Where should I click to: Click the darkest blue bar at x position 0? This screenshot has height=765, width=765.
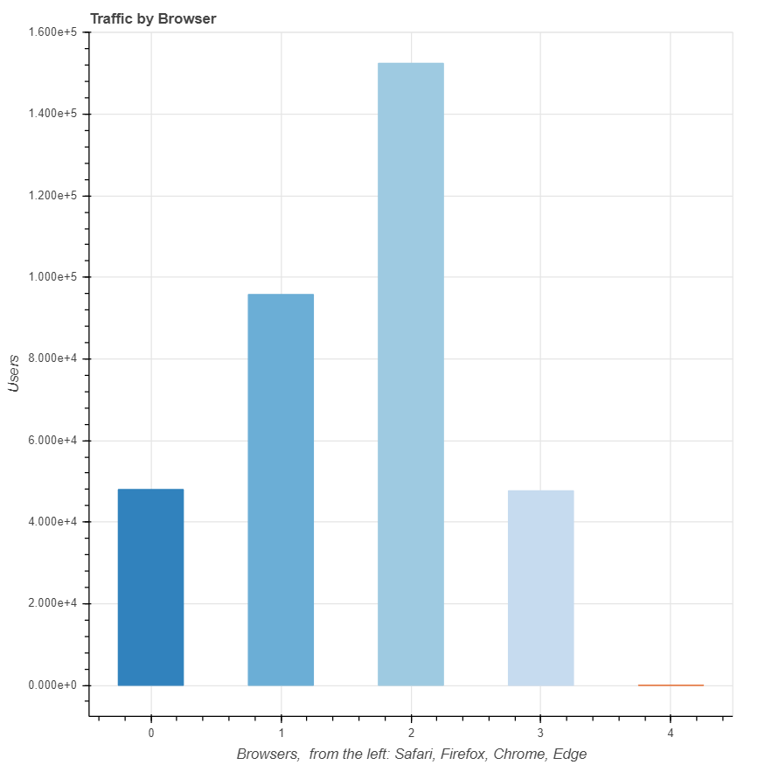tap(150, 587)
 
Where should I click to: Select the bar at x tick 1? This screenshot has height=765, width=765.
tap(281, 490)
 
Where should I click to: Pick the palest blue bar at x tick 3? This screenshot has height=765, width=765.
tap(540, 588)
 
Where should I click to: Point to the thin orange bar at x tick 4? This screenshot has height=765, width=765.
tap(671, 685)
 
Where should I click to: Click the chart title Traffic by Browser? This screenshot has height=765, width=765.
tap(153, 18)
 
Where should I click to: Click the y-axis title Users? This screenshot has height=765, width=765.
tap(14, 373)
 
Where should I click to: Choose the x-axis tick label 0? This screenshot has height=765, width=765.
tap(151, 733)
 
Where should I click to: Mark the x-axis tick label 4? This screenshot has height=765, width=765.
tap(671, 733)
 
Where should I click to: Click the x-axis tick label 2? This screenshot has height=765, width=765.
tap(411, 733)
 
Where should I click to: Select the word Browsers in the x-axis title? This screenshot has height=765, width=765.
tap(268, 754)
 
